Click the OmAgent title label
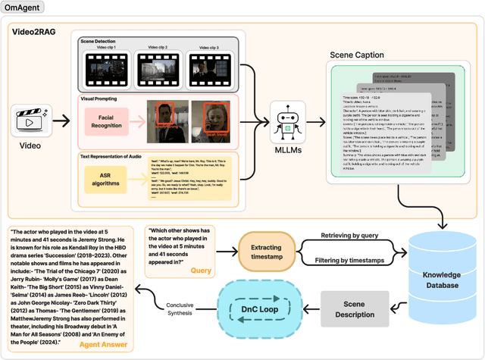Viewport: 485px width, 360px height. (x=23, y=8)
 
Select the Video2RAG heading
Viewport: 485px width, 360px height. (x=36, y=33)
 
